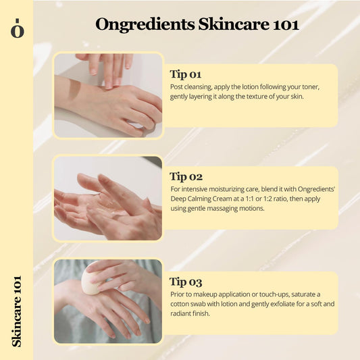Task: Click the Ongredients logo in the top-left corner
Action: coord(16,29)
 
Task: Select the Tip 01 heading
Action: coord(186,74)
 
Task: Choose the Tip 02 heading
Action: coord(186,177)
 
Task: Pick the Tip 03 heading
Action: coord(186,282)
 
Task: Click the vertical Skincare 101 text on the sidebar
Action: coord(16,310)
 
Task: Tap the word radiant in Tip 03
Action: coord(182,313)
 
